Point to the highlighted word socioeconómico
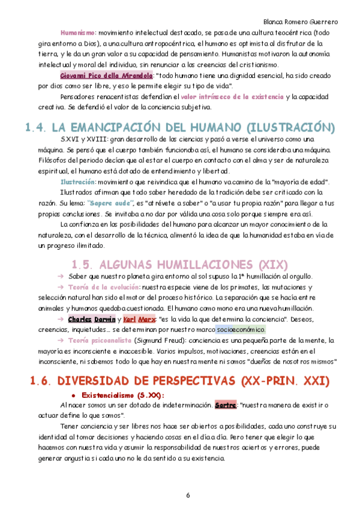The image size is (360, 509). tap(240, 330)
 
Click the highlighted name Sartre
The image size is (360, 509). tap(225, 405)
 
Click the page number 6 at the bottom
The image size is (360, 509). tap(188, 495)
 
